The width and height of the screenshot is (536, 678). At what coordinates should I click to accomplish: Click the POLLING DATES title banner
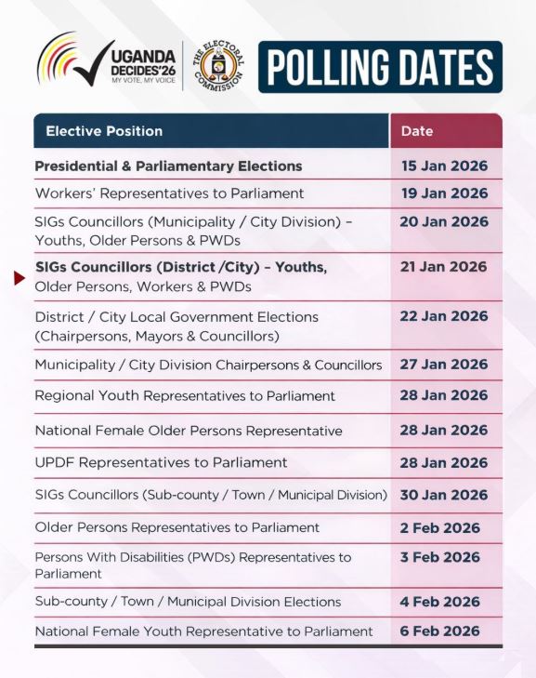(x=380, y=66)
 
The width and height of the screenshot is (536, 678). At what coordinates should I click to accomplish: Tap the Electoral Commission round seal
(x=219, y=66)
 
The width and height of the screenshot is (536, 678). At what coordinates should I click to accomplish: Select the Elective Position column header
(x=104, y=131)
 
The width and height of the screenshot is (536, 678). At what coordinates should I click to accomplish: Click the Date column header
(x=417, y=131)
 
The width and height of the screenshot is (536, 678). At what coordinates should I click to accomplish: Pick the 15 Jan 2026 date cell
(x=443, y=166)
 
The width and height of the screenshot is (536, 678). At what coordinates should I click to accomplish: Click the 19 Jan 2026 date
(x=443, y=193)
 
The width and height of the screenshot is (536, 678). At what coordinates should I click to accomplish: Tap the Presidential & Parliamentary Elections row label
(x=168, y=166)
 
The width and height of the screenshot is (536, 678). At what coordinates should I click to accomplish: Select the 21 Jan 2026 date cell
(x=443, y=267)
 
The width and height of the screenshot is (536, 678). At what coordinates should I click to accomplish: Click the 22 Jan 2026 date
(x=443, y=316)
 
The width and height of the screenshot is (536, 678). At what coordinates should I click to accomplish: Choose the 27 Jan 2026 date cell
(x=443, y=365)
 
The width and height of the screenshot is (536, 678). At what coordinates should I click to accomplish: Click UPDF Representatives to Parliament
(x=161, y=462)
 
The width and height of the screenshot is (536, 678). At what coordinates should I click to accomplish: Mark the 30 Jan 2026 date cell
(x=443, y=495)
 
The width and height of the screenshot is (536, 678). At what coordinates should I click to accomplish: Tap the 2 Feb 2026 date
(x=439, y=527)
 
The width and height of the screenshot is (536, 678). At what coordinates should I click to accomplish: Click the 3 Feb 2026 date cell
(x=439, y=557)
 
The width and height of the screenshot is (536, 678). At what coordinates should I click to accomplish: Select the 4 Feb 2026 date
(x=439, y=602)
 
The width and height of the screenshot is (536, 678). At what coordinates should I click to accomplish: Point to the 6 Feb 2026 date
(x=439, y=631)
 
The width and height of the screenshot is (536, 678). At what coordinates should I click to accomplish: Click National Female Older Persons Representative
(x=189, y=431)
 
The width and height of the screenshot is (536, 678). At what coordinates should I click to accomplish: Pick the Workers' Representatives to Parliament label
(x=169, y=193)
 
